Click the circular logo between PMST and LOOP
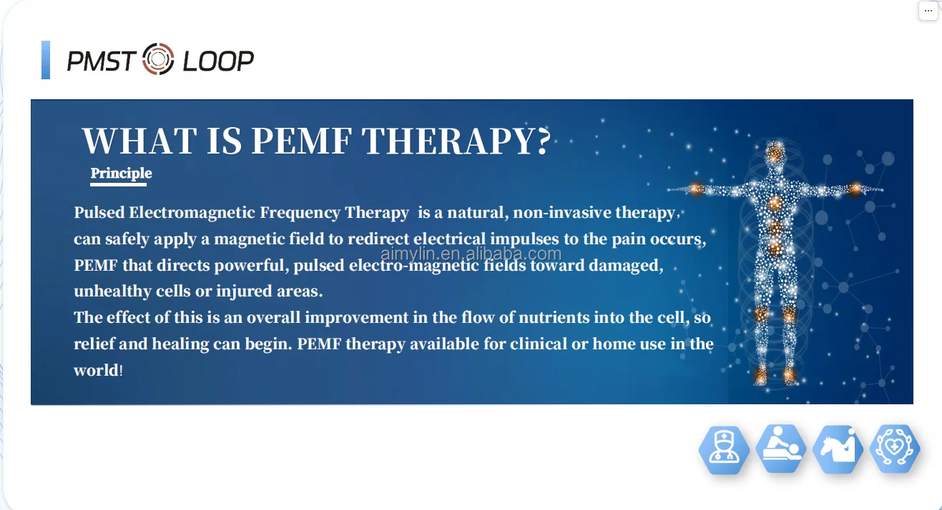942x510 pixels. click(x=159, y=59)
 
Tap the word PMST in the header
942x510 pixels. click(x=101, y=61)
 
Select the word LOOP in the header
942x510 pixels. click(x=218, y=61)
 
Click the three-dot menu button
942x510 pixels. click(x=928, y=11)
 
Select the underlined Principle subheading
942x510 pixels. click(x=121, y=174)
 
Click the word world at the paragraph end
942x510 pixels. click(x=96, y=371)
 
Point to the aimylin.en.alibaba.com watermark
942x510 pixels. click(x=471, y=254)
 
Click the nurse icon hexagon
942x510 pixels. click(x=723, y=449)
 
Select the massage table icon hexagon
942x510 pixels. click(x=780, y=449)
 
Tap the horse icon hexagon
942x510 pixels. click(x=838, y=449)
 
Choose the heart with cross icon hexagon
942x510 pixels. click(x=895, y=449)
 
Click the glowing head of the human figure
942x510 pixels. click(x=775, y=152)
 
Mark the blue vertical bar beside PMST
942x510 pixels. click(x=46, y=60)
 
